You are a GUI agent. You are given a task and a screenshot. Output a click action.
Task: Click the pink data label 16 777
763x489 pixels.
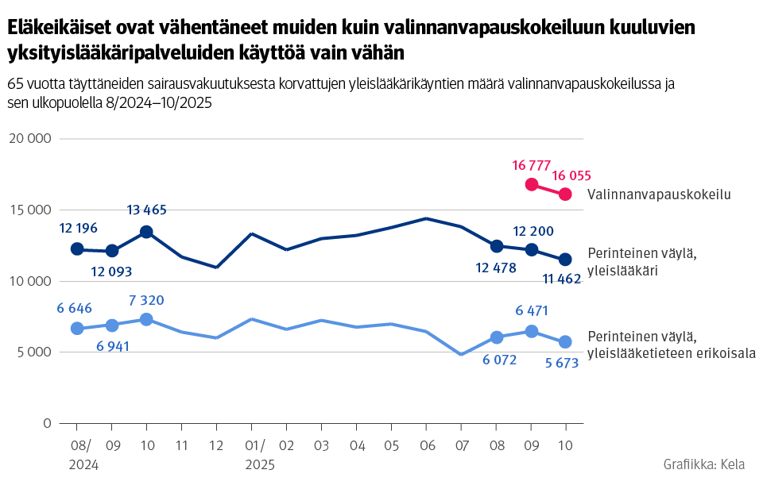[532, 165]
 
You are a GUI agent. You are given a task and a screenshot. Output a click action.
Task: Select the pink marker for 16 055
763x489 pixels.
[565, 194]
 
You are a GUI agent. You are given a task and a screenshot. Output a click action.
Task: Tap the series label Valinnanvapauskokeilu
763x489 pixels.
[658, 194]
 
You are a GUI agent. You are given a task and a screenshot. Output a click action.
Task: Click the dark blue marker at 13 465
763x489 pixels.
[146, 232]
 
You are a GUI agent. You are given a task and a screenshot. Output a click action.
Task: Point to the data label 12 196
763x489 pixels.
[78, 229]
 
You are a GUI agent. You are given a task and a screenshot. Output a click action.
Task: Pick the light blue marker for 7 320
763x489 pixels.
[146, 319]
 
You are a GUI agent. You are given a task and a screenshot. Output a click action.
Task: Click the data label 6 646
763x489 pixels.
[77, 306]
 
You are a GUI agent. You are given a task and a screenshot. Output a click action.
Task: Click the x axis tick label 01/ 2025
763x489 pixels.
[257, 456]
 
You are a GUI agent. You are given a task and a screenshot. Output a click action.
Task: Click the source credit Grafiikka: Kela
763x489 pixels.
[703, 464]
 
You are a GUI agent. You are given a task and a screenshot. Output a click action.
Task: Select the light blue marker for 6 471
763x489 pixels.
[531, 331]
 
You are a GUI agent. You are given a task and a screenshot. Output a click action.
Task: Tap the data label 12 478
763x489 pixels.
[496, 268]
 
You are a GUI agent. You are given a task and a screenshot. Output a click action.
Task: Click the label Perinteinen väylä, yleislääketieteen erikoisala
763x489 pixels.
[670, 345]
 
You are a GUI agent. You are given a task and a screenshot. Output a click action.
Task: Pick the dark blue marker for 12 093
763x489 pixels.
[112, 251]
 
